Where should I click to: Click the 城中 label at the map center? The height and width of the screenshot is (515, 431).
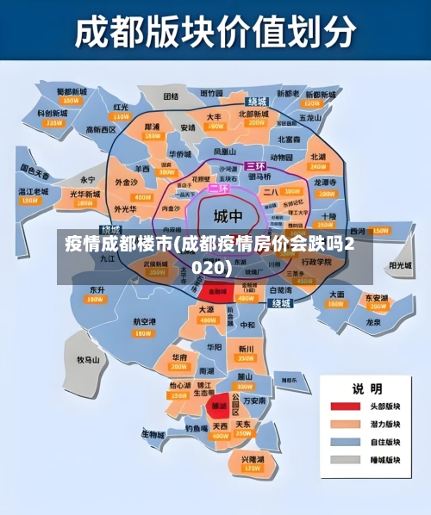228,215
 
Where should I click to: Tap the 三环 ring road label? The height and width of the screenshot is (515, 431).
255,165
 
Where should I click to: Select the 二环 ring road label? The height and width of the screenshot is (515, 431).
219,188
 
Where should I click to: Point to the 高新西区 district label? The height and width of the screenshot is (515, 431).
101,129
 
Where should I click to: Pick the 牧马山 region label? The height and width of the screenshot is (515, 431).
90,360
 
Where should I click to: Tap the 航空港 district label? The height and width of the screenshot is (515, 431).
144,321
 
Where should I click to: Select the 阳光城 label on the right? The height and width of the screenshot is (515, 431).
400,266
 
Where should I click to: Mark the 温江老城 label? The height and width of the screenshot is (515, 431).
34,191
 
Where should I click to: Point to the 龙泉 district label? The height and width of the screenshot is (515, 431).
373,322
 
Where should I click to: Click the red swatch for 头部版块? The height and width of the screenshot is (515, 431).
345,406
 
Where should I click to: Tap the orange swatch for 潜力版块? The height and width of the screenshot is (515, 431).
345,425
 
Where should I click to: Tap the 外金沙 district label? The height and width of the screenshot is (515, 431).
126,183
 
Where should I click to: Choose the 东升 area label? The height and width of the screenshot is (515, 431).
96,290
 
